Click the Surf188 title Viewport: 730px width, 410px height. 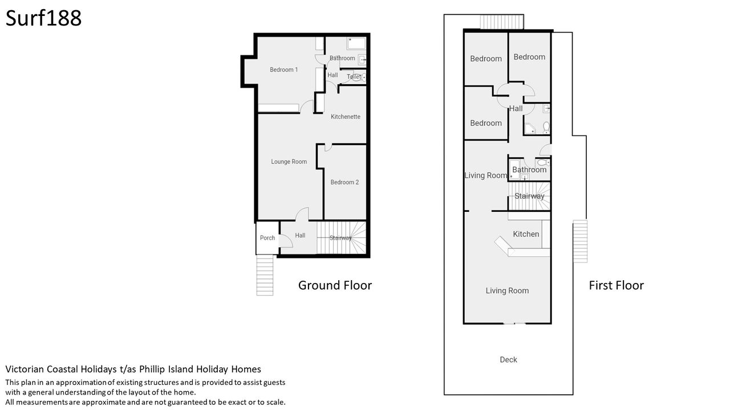(43, 18)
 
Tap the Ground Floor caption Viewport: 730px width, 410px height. (335, 285)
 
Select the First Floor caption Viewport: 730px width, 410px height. (617, 285)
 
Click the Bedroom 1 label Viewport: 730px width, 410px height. (283, 69)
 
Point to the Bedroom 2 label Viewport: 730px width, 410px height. (344, 182)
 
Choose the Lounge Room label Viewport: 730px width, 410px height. (289, 162)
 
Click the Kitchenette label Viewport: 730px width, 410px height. (346, 117)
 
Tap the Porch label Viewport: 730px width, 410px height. (267, 238)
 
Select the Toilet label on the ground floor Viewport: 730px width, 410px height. (354, 77)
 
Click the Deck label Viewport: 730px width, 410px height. (508, 359)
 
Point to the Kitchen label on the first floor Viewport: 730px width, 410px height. (526, 234)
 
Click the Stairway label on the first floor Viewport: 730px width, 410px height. (529, 196)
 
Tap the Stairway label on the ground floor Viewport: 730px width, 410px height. (340, 238)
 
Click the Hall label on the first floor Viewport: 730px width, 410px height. (516, 109)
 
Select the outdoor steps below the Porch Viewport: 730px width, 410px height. (265, 275)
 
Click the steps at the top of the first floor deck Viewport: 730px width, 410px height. (502, 22)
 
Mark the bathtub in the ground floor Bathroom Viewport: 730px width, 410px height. (356, 44)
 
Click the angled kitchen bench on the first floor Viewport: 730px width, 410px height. (502, 245)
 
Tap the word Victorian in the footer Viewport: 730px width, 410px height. (25, 370)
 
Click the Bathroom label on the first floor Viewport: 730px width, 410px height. (529, 170)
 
